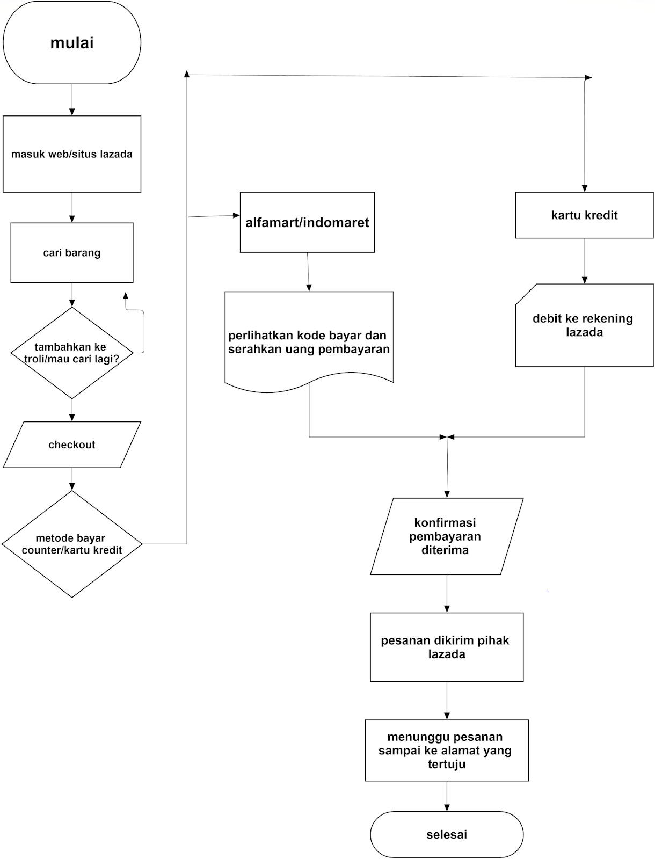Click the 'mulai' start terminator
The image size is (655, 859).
click(x=72, y=42)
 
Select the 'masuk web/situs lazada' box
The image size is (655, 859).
click(x=72, y=154)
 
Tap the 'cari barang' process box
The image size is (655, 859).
click(x=72, y=253)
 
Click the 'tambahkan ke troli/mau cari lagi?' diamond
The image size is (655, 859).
click(x=72, y=353)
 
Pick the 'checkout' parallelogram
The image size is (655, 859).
click(x=72, y=445)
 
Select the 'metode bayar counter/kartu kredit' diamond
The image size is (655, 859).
click(x=72, y=544)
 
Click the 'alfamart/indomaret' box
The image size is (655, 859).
click(x=307, y=222)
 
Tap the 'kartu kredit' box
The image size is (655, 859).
click(x=584, y=215)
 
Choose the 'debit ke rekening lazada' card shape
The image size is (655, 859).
click(x=584, y=325)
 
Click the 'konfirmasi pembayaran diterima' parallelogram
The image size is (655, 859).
click(x=446, y=536)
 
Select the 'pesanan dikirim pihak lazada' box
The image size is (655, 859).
click(x=446, y=647)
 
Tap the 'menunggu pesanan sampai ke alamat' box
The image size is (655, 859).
click(x=446, y=750)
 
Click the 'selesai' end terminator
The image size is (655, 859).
click(x=446, y=834)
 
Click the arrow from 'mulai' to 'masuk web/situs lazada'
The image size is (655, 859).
click(x=72, y=99)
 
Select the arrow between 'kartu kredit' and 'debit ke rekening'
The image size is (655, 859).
click(x=584, y=261)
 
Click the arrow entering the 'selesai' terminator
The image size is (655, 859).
click(x=447, y=796)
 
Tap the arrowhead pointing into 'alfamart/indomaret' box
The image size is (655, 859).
click(x=236, y=215)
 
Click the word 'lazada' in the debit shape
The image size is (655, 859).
click(x=584, y=332)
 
